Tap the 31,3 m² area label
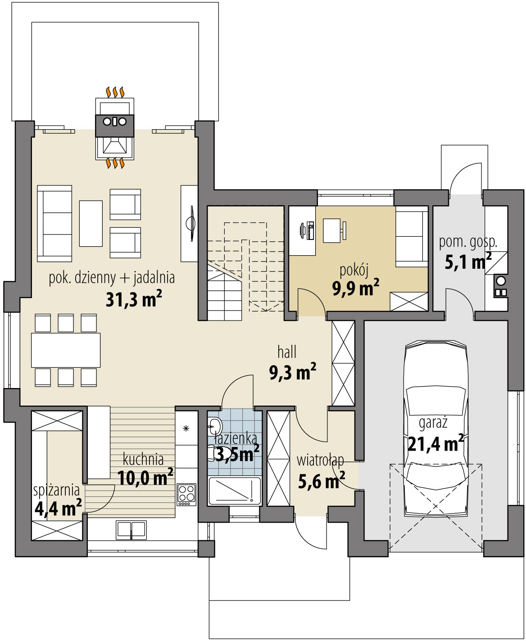(x=134, y=299)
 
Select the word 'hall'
(x=287, y=352)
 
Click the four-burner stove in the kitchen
(x=186, y=495)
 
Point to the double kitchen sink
(x=131, y=530)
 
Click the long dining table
(x=66, y=350)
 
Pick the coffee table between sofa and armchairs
(x=91, y=223)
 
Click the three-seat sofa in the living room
(x=55, y=223)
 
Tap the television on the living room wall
(x=191, y=224)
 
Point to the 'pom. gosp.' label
(x=468, y=243)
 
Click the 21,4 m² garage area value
(x=435, y=444)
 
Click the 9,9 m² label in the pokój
(x=356, y=287)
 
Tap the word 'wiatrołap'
(x=321, y=461)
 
